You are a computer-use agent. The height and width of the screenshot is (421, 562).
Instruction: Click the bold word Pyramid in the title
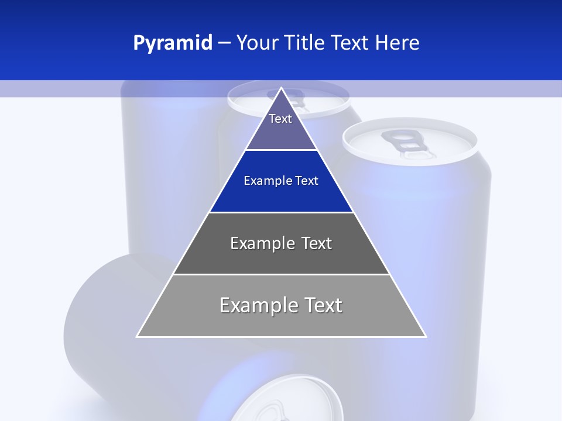click(x=173, y=43)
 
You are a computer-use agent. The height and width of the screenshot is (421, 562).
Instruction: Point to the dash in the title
click(x=224, y=43)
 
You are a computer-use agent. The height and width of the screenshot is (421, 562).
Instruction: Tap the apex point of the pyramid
click(x=282, y=89)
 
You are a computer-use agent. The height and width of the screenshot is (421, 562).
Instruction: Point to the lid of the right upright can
click(x=410, y=140)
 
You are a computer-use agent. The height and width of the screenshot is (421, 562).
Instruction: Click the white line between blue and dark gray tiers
click(x=281, y=212)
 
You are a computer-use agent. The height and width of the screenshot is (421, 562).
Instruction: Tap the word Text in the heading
click(x=350, y=43)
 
